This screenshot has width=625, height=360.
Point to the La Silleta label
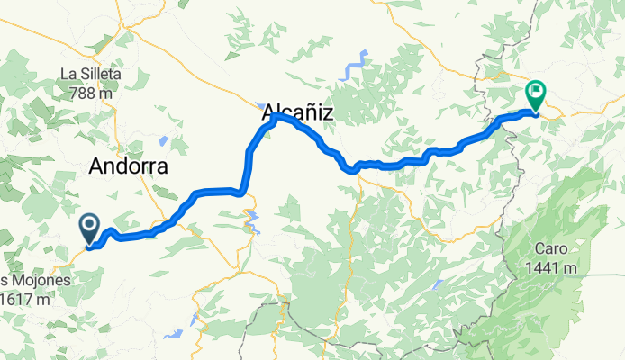pyautogui.click(x=91, y=75)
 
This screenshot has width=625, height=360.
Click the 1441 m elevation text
pyautogui.click(x=548, y=267)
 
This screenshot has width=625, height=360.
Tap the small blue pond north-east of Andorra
pyautogui.click(x=163, y=140)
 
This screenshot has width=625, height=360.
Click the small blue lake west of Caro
pyautogui.click(x=436, y=285)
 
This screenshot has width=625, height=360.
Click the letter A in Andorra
pyautogui.click(x=98, y=166)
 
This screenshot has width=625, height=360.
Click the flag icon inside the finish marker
pyautogui.click(x=537, y=90)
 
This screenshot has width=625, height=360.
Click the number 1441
pyautogui.click(x=539, y=267)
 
